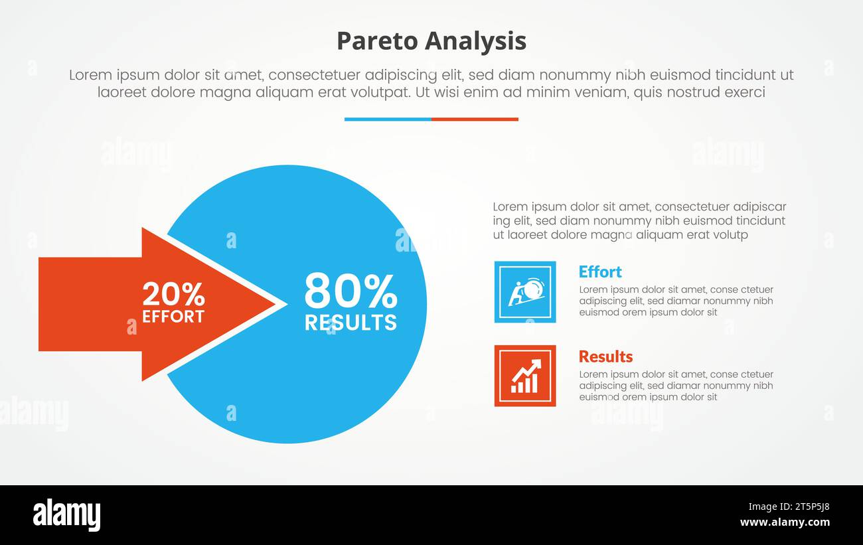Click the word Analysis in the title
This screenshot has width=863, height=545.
pos(475,41)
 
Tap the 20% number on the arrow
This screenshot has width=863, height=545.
pos(173,294)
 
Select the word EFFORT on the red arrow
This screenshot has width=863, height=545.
pos(173,317)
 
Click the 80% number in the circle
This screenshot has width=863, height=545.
pos(351,291)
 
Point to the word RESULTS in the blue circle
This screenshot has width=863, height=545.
pos(351,323)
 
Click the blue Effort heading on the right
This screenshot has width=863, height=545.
pos(600,272)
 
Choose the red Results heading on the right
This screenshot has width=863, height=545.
pos(605,356)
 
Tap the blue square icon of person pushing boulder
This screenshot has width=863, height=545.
pos(525,292)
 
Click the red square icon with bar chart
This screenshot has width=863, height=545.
pos(525,376)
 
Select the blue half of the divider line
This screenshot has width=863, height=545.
pos(388,119)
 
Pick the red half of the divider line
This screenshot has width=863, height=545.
pos(475,119)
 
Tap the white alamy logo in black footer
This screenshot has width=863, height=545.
pos(67,515)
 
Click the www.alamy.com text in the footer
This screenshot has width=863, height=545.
pos(785,522)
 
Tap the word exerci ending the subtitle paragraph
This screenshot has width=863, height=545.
pos(745,92)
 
